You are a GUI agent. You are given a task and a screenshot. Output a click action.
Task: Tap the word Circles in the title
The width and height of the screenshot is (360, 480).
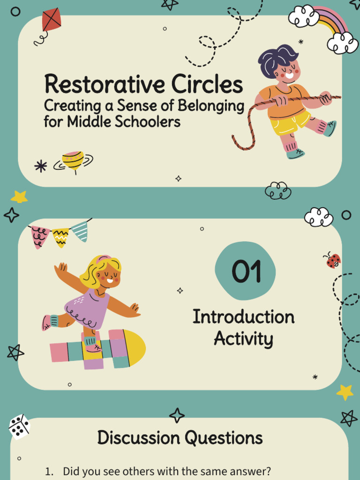click(x=207, y=85)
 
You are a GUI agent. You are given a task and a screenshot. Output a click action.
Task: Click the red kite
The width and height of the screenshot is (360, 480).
click(x=51, y=20)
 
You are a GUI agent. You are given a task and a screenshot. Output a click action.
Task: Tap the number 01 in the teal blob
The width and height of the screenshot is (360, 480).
click(x=245, y=271)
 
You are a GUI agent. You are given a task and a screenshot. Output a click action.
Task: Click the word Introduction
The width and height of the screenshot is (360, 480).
click(x=243, y=317)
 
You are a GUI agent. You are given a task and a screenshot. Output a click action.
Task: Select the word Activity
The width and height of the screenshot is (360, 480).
click(x=243, y=339)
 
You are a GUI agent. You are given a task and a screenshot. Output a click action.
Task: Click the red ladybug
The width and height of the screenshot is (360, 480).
click(x=333, y=261)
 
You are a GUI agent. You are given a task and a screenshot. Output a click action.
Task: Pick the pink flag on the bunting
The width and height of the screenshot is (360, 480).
click(x=40, y=236)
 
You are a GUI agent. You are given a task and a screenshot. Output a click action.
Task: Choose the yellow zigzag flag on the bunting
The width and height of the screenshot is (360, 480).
click(x=60, y=237)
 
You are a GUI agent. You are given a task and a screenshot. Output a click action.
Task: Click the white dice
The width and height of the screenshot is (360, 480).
click(x=19, y=427)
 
